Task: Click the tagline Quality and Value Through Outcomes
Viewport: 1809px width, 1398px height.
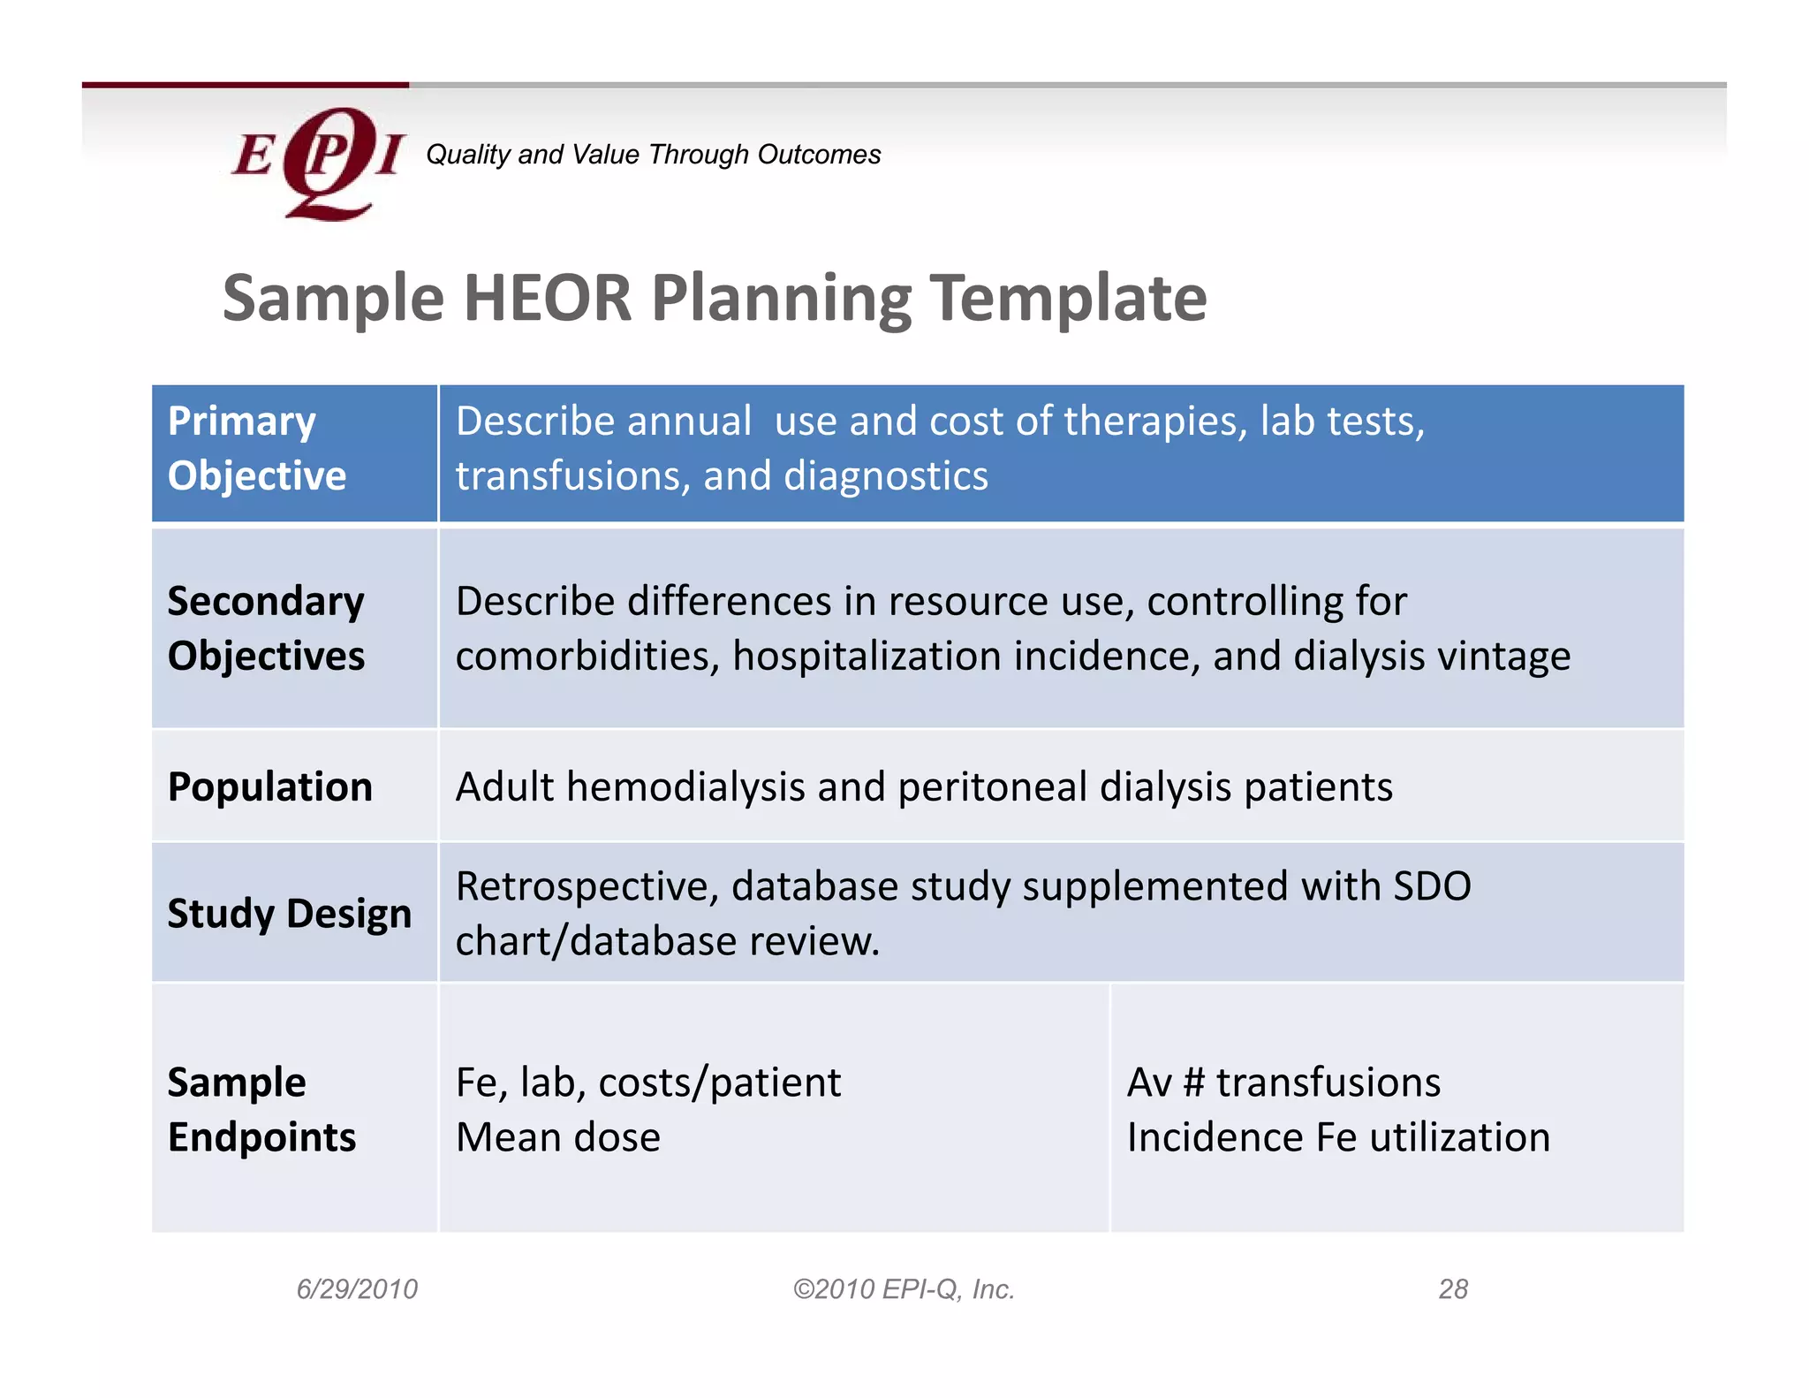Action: [x=653, y=155]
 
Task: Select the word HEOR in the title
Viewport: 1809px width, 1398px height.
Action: [x=548, y=298]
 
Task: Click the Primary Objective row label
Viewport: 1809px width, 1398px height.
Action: [x=256, y=448]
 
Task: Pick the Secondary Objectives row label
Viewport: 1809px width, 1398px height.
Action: [x=266, y=628]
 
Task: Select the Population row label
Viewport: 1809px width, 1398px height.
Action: [x=270, y=786]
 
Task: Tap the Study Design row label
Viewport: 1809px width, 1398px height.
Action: [x=290, y=913]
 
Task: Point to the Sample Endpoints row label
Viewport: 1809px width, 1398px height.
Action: [x=261, y=1109]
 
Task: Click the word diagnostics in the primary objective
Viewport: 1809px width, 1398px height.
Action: [x=885, y=475]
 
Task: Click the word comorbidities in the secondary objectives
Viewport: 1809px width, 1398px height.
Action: [x=587, y=656]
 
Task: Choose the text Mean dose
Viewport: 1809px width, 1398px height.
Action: [x=557, y=1137]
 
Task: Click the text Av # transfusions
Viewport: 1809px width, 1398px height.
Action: [x=1283, y=1083]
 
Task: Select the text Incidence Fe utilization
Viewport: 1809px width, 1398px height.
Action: [x=1337, y=1137]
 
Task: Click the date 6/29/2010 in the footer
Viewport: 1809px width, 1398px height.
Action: [x=357, y=1289]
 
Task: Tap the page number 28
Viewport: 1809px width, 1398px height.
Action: [x=1452, y=1289]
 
